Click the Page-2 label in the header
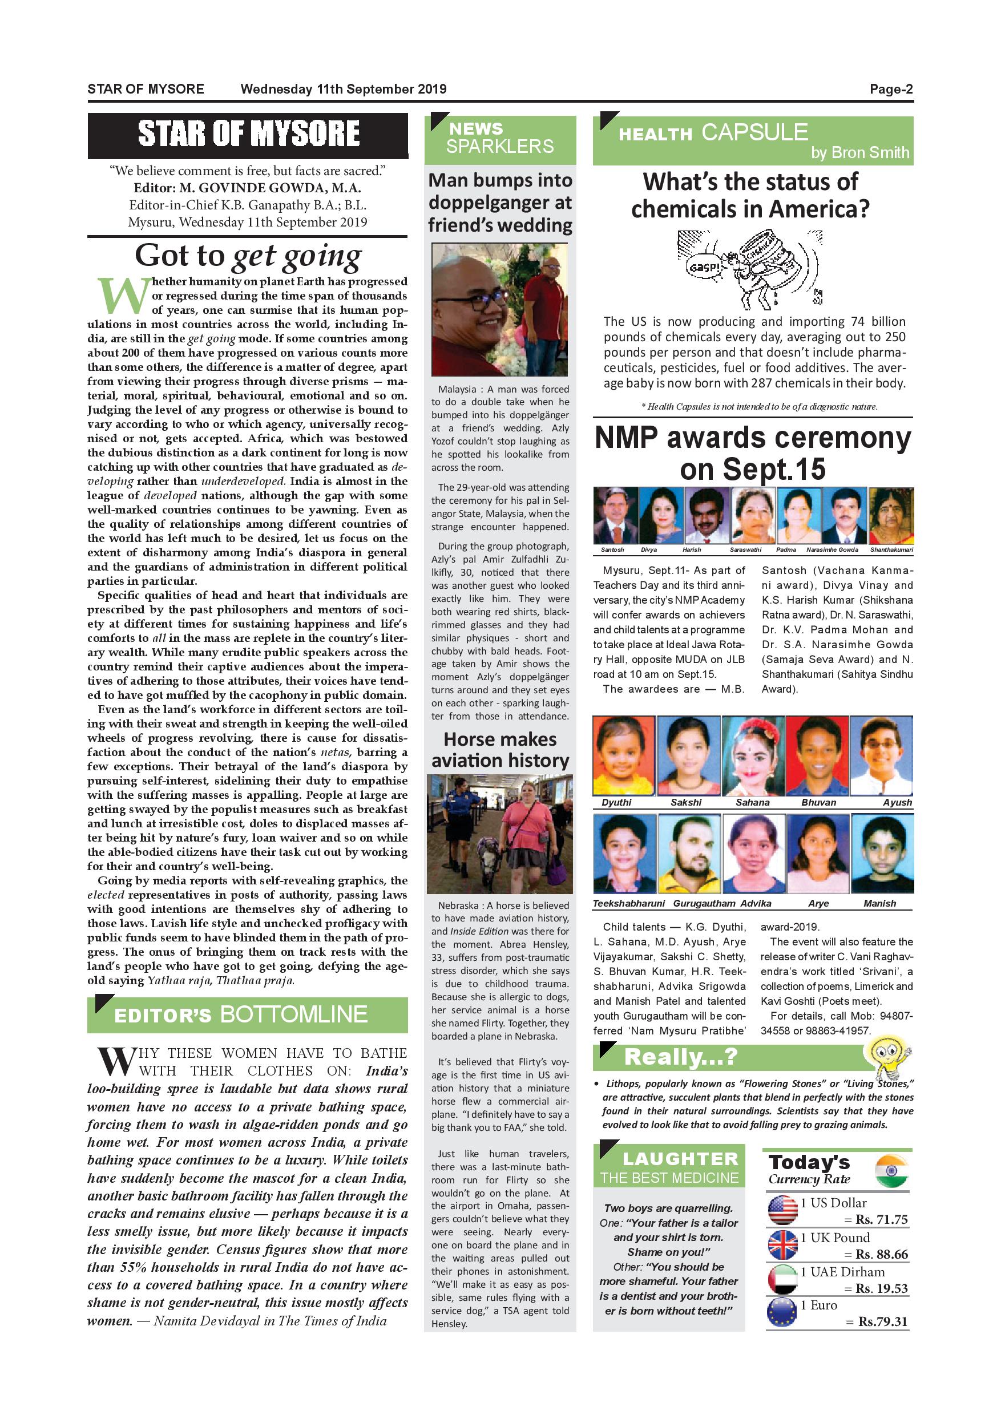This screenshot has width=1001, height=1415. (891, 90)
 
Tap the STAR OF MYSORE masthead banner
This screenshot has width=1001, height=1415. (248, 134)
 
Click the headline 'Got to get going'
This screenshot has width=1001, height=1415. (248, 256)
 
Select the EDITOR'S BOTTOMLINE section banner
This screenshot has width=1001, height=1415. (248, 1015)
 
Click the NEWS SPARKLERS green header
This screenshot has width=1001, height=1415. (500, 139)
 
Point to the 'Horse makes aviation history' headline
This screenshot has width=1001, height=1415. (500, 749)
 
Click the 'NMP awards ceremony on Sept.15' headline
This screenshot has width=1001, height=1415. (753, 453)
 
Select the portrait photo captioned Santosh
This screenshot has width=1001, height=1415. (615, 515)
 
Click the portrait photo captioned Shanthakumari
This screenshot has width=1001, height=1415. (891, 515)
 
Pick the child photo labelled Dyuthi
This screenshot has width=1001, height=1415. (623, 756)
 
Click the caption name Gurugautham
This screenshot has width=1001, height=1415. (704, 903)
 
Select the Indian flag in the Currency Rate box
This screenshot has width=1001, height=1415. (891, 1171)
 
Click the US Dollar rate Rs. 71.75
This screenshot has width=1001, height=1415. (881, 1220)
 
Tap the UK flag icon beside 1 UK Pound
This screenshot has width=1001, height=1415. (783, 1244)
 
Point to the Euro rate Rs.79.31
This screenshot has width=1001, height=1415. (883, 1321)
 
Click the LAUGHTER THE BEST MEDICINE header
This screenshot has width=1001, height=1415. (669, 1168)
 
